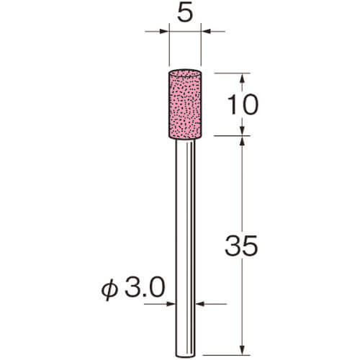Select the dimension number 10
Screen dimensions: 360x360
243,104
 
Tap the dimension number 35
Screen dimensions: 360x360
241,246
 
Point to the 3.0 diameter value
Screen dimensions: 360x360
145,287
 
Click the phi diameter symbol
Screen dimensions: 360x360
109,289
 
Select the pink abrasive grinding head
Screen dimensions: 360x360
185,104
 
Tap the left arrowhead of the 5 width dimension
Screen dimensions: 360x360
164,31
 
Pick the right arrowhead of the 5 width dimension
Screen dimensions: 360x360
206,31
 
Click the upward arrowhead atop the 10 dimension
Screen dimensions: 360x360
242,78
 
